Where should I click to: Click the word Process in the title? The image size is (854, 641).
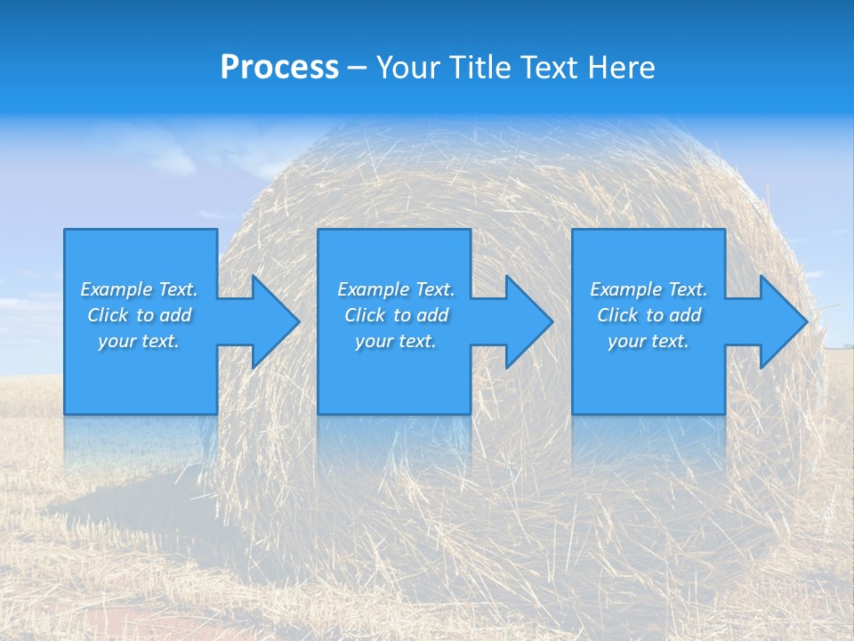[279, 68]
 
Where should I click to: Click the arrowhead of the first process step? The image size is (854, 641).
[271, 321]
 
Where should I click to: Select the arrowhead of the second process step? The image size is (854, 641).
[526, 321]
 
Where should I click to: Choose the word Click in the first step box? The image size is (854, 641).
[108, 315]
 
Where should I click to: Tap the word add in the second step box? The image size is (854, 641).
[432, 315]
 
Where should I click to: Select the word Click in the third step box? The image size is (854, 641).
[617, 315]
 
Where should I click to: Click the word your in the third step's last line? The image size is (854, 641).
[625, 341]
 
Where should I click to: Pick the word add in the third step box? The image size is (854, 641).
[685, 315]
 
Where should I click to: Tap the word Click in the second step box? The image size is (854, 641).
[365, 315]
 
